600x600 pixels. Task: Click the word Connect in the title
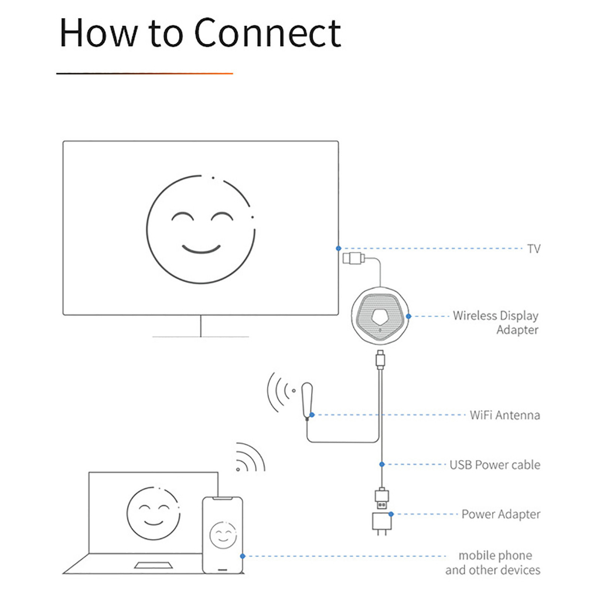(267, 33)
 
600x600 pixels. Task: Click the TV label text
(533, 249)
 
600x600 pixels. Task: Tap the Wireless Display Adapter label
(496, 323)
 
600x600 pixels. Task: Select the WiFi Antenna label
(504, 415)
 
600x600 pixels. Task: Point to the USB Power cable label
(495, 465)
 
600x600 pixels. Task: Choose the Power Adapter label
(501, 514)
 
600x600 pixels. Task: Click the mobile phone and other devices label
(493, 562)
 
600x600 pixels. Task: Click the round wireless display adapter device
(380, 316)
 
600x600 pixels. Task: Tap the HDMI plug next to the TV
(353, 258)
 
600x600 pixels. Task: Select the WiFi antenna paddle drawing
(307, 400)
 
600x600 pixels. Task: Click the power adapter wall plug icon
(382, 523)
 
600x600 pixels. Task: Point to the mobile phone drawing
(222, 535)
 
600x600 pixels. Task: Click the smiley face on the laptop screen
(154, 513)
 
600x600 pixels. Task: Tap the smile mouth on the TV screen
(202, 248)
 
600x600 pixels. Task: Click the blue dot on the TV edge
(338, 248)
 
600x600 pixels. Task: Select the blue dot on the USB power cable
(381, 464)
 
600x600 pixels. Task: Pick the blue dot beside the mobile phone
(242, 556)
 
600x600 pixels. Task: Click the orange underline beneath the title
(145, 73)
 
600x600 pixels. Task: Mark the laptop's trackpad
(153, 565)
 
